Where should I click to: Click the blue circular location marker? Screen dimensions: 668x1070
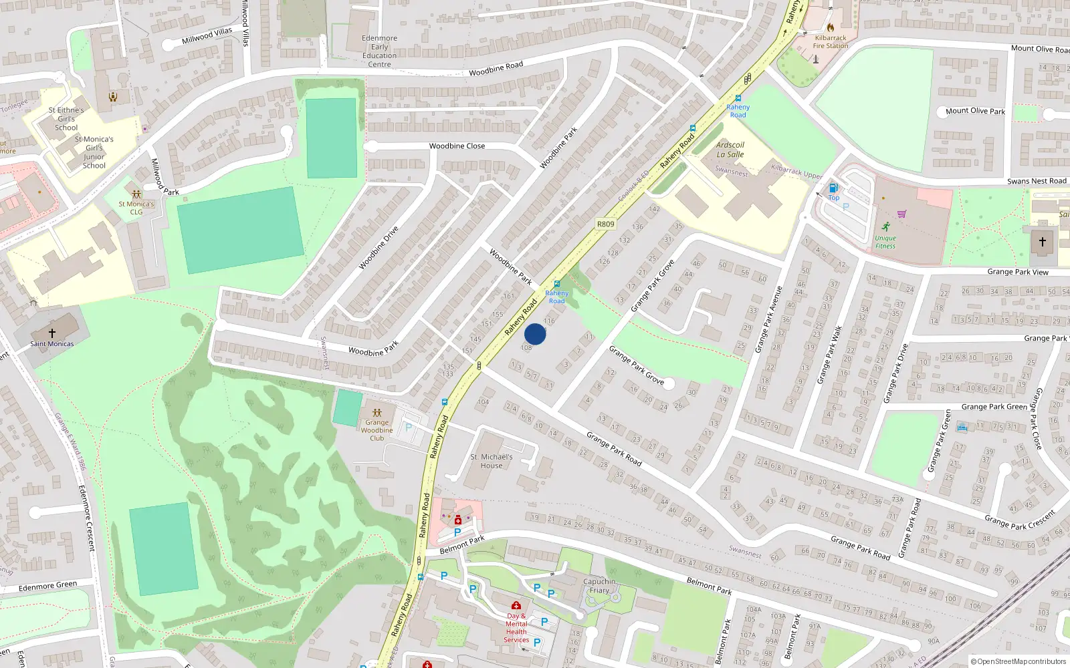534,333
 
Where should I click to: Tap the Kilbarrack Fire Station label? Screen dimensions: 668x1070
830,42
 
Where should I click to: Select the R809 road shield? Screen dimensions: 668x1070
605,224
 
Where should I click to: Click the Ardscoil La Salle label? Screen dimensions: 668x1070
730,150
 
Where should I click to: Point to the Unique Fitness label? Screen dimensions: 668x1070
885,242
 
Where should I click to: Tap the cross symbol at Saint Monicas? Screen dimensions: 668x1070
51,332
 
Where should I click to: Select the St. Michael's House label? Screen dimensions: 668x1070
491,462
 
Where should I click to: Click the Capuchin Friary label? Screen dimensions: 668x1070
599,586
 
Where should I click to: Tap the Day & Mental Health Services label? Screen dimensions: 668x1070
516,628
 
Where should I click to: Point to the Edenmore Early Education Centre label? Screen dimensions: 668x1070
379,51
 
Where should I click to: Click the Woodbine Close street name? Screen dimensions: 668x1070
457,146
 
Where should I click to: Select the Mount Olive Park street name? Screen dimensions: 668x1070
975,111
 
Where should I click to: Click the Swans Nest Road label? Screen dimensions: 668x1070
1037,181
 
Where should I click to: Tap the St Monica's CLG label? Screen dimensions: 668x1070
136,208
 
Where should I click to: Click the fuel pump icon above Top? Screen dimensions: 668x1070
833,188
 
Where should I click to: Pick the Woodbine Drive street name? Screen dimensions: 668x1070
379,248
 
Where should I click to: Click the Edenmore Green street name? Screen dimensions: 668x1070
47,587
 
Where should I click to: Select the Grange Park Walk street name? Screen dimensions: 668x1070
829,355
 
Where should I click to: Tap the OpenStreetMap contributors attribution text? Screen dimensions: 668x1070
1018,661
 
